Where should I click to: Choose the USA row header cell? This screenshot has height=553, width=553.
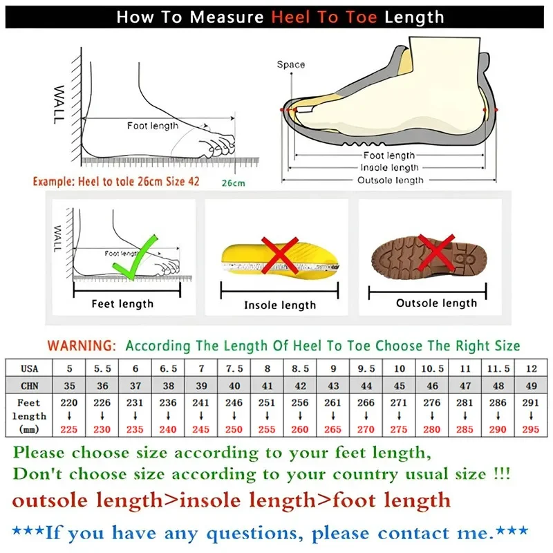[29, 368]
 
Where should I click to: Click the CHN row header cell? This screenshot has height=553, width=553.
[29, 386]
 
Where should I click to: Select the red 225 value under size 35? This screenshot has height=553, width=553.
[68, 429]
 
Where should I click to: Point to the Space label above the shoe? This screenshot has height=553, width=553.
[290, 65]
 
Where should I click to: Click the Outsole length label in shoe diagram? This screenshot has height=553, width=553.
[390, 180]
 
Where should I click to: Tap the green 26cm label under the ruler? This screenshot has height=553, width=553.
[234, 183]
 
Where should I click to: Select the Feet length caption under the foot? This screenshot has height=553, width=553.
[122, 303]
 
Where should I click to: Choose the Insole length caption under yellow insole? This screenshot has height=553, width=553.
[279, 305]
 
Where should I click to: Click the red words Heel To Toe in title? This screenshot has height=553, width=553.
[324, 17]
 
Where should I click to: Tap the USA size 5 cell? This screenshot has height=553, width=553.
[68, 368]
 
